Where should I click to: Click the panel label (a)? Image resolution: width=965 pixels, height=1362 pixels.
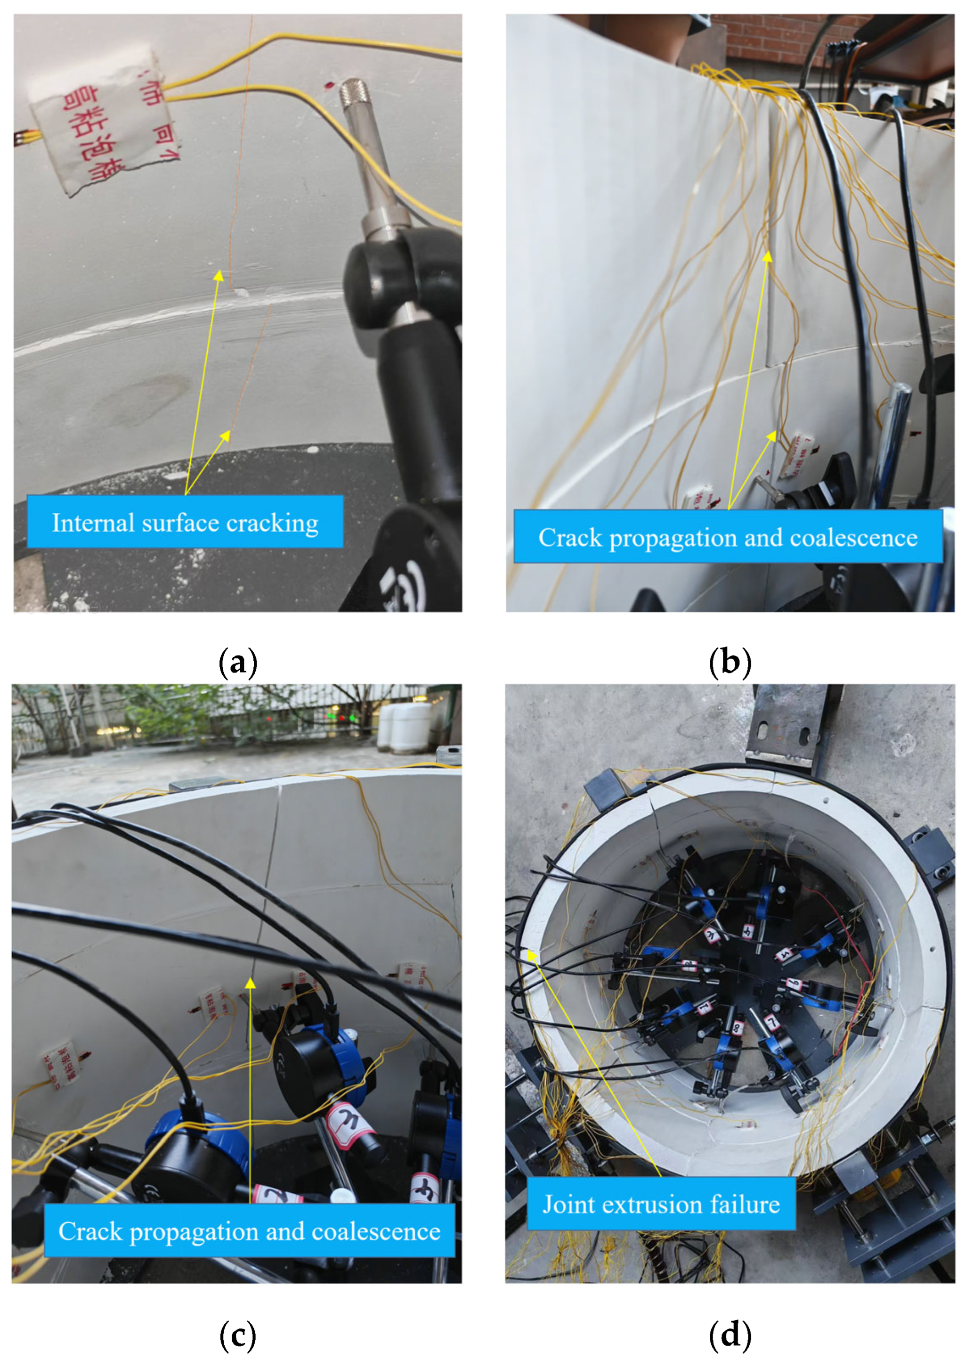pyautogui.click(x=238, y=662)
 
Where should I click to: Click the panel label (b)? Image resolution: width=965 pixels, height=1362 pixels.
pyautogui.click(x=730, y=662)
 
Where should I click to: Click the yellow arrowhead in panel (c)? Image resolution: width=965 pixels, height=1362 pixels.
pyautogui.click(x=251, y=983)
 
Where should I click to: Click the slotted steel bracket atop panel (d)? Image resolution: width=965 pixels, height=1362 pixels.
pyautogui.click(x=783, y=723)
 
